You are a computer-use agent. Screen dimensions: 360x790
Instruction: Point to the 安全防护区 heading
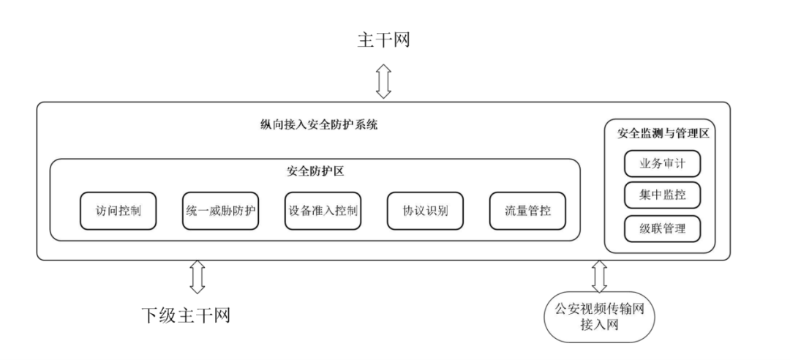pyautogui.click(x=315, y=173)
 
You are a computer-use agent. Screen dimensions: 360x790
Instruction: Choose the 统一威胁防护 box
pyautogui.click(x=221, y=211)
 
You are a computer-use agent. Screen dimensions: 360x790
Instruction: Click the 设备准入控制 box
pyautogui.click(x=324, y=211)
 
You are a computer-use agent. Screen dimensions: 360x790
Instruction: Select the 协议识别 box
pyautogui.click(x=426, y=211)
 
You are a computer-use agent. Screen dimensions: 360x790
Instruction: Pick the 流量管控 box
pyautogui.click(x=528, y=211)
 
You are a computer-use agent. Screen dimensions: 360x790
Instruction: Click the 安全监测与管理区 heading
pyautogui.click(x=663, y=134)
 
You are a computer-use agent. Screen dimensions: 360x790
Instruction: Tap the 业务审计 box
pyautogui.click(x=662, y=163)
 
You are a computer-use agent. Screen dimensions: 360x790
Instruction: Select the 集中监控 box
pyautogui.click(x=662, y=195)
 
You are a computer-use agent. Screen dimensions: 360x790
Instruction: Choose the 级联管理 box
pyautogui.click(x=662, y=228)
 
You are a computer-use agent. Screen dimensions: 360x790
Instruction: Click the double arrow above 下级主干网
pyautogui.click(x=196, y=277)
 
